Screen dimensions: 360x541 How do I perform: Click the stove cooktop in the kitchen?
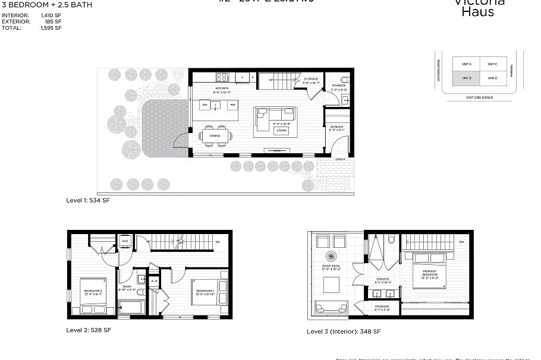[222, 77]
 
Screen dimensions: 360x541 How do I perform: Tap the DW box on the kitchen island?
[205, 105]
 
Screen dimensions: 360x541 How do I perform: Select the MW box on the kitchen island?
[232, 105]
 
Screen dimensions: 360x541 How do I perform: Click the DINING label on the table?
[215, 135]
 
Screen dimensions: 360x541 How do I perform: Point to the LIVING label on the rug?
[282, 130]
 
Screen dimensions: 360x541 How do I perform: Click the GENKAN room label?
[336, 127]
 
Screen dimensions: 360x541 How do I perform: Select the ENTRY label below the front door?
[340, 159]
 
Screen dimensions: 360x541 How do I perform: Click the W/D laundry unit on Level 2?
[125, 242]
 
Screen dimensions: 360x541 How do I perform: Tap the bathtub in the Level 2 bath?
[131, 308]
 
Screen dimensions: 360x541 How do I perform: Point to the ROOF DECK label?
[331, 266]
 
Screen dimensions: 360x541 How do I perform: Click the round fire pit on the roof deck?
[332, 286]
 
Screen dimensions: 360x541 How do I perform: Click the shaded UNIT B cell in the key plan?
[467, 78]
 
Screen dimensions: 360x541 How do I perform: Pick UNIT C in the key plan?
[492, 64]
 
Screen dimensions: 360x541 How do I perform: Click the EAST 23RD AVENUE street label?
[480, 97]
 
